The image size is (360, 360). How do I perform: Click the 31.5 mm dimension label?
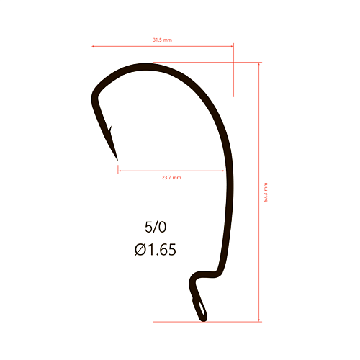click(163, 40)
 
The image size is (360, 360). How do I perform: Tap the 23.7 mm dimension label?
click(171, 178)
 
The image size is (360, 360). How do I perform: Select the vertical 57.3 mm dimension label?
click(266, 192)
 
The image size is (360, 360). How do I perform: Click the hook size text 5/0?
click(156, 227)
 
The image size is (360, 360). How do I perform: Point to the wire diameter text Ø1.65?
click(156, 249)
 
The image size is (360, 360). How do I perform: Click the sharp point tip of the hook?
click(117, 160)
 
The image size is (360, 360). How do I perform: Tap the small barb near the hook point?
click(110, 129)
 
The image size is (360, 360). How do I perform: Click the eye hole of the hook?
click(202, 309)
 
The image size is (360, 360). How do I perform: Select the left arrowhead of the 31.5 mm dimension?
click(93, 46)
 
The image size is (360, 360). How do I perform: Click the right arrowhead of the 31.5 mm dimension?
click(232, 46)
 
